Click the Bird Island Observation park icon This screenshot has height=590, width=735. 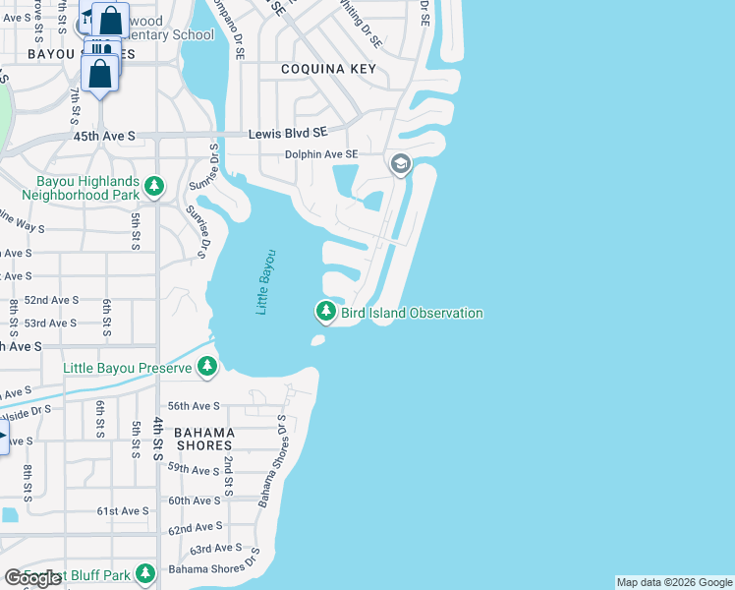click(325, 312)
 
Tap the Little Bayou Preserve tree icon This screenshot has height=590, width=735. click(206, 367)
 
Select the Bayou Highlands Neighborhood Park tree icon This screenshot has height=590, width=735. click(153, 185)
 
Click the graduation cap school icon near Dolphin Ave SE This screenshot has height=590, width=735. click(400, 163)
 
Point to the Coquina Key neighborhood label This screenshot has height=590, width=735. click(328, 69)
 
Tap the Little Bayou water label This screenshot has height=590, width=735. click(266, 282)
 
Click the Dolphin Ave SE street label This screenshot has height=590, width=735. click(321, 154)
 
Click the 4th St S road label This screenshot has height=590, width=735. click(158, 439)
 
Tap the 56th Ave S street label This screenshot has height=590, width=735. click(193, 405)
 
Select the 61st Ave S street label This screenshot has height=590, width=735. click(122, 510)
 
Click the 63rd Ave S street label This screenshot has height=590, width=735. click(216, 548)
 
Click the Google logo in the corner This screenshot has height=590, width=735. click(33, 578)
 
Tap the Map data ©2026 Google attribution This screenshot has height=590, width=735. click(674, 582)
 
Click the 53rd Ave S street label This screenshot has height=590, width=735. click(50, 323)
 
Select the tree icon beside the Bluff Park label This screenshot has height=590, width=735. click(145, 572)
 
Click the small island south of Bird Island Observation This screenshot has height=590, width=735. click(317, 340)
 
